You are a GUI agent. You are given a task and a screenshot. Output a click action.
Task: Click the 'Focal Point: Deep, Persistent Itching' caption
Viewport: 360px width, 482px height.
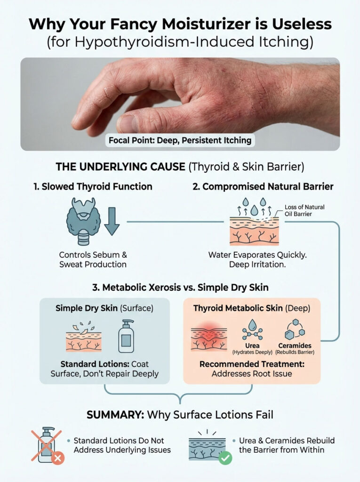point(180,140)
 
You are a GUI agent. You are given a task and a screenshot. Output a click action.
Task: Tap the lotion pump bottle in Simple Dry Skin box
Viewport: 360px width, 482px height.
point(127,336)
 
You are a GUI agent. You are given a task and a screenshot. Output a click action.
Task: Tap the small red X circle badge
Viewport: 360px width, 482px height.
point(57,458)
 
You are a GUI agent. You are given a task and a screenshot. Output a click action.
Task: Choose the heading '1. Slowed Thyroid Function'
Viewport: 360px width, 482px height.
point(93,186)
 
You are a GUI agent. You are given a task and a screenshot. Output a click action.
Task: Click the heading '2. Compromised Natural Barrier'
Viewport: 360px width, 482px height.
point(263,186)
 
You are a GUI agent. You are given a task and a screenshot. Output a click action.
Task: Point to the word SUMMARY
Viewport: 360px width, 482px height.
point(115,415)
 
